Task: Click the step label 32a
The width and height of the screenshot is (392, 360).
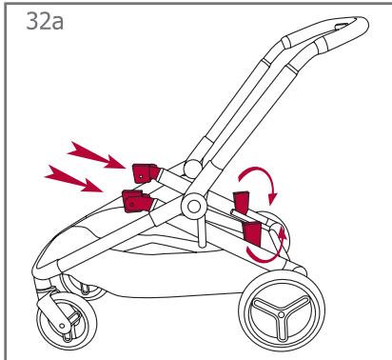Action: coord(41,19)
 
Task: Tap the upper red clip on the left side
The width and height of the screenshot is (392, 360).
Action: coord(144,172)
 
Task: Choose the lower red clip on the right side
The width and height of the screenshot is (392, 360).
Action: coord(255,232)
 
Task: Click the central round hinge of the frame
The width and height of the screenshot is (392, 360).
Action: coord(195,205)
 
